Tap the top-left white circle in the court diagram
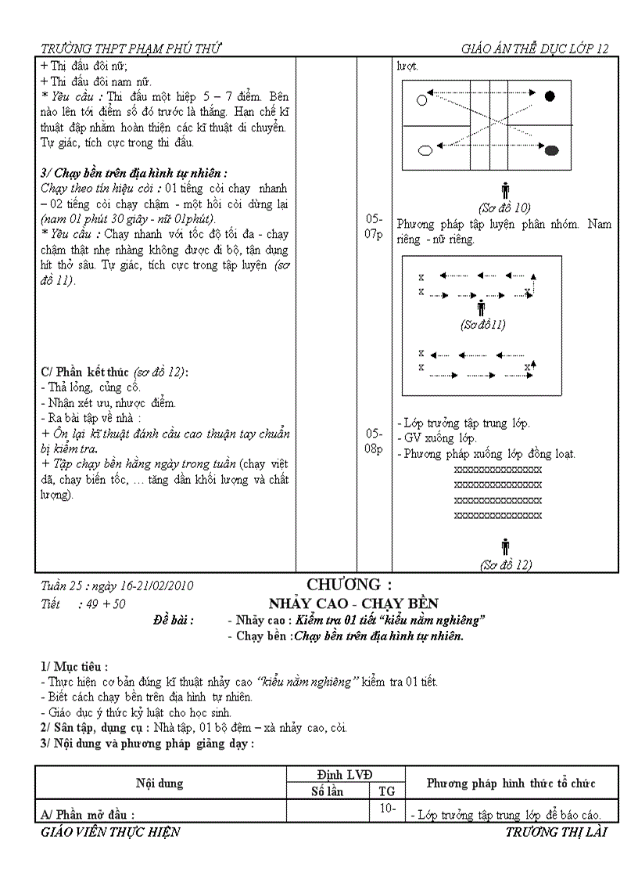[x=423, y=99]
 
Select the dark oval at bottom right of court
[x=551, y=149]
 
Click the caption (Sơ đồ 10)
[x=504, y=207]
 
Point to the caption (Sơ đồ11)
[x=482, y=324]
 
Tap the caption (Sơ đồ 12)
[x=505, y=564]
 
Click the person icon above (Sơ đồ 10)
[x=504, y=190]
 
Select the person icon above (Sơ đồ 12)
[x=504, y=546]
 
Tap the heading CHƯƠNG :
[x=349, y=585]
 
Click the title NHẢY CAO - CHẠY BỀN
[x=353, y=603]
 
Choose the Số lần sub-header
[x=328, y=791]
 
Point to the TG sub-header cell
[x=386, y=791]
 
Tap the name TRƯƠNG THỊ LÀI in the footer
[x=556, y=832]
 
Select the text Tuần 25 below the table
[x=62, y=585]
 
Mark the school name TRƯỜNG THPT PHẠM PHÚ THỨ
[x=131, y=49]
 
